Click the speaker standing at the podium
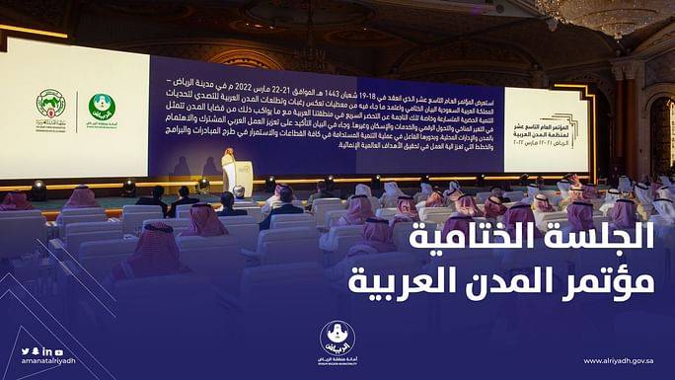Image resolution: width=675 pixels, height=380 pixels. click(x=229, y=159)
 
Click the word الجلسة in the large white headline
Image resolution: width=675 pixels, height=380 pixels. click(x=610, y=237)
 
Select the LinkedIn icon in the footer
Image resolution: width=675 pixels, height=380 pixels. click(x=46, y=351)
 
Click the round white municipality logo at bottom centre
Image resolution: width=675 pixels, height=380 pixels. click(x=337, y=339)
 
